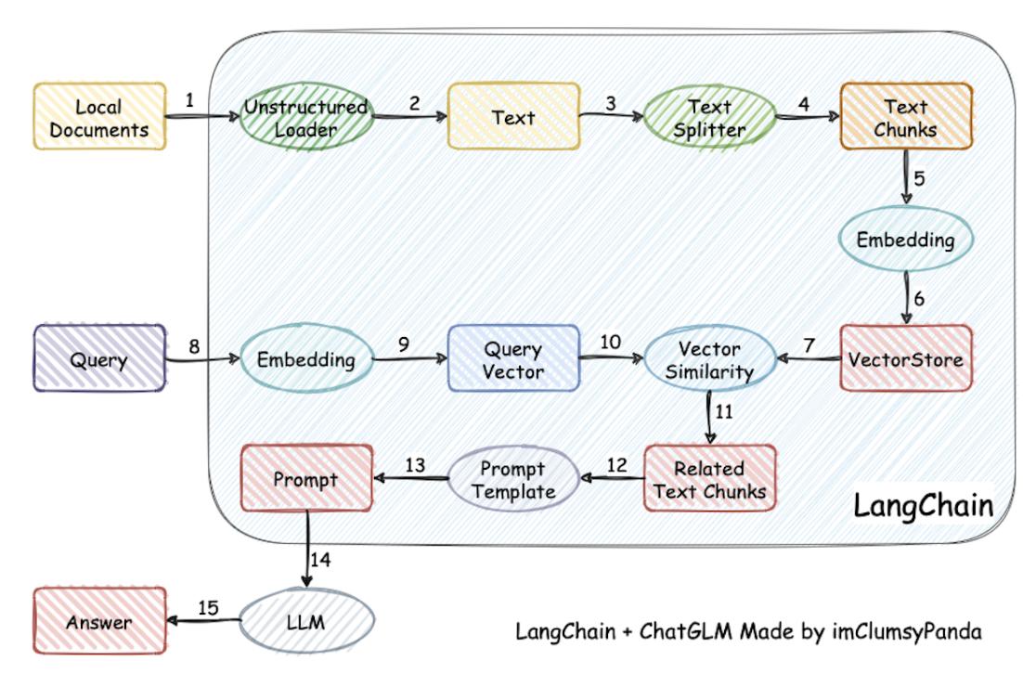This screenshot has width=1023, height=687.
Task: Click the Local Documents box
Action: pos(100,116)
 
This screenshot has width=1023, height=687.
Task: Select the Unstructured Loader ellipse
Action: pos(306,116)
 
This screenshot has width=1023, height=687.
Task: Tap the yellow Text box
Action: pos(513,116)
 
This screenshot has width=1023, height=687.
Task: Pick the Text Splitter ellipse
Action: pos(710,116)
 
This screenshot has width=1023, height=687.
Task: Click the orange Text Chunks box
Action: pos(906,116)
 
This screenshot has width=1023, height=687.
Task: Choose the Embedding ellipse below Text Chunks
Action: pos(906,239)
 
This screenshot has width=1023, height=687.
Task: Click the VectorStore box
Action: pos(906,358)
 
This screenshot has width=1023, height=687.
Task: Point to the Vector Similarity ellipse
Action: pos(710,358)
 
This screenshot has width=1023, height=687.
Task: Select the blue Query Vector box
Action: pos(513,358)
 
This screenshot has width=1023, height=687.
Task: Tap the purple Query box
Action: pos(100,358)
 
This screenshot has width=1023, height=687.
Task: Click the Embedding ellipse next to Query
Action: pos(306,358)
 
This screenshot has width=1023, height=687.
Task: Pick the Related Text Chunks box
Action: pos(710,478)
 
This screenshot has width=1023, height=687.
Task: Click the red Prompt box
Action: pos(306,478)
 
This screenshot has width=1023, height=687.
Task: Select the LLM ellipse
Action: pos(306,620)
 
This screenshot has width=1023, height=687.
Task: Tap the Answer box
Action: pos(100,620)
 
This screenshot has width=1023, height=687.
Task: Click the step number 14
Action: pos(320,560)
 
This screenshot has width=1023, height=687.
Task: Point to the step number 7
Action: pos(809,344)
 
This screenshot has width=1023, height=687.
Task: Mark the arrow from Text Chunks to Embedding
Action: pos(906,177)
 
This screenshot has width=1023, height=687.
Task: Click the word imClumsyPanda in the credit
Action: pos(907,631)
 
